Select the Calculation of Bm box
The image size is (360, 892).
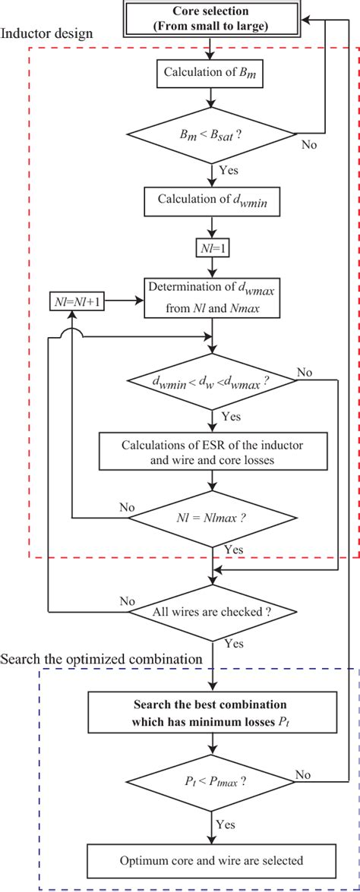pos(211,74)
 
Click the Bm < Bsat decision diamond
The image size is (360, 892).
pos(211,135)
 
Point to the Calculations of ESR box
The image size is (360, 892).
pos(211,452)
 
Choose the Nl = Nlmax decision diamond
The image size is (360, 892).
pos(211,518)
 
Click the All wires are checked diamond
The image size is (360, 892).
pos(211,610)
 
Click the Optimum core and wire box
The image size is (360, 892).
pos(211,860)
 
